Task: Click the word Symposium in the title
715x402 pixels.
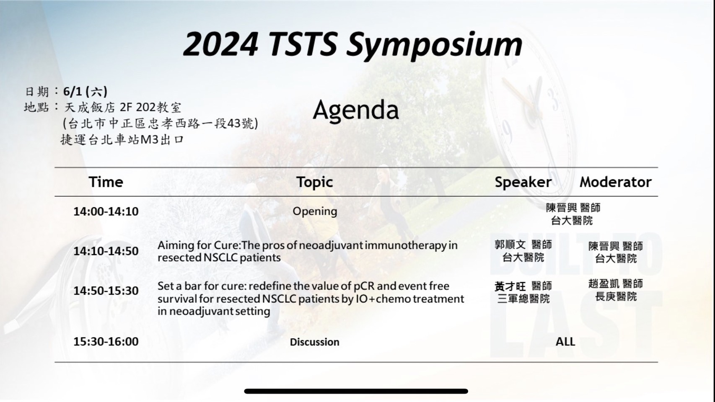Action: coord(435,45)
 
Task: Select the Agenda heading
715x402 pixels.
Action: coord(356,110)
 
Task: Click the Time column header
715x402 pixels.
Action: coord(106,182)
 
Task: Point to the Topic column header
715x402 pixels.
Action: coord(315,183)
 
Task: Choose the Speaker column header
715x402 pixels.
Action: coord(523,183)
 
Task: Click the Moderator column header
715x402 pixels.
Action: coord(616,182)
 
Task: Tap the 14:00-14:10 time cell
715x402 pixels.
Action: coord(106,211)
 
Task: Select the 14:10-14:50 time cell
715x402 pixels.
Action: coord(106,251)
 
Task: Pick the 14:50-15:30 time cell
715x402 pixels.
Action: coord(106,291)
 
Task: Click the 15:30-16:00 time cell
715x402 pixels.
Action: coord(106,341)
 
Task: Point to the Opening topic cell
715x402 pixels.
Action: coord(315,211)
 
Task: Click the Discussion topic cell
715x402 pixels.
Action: coord(315,342)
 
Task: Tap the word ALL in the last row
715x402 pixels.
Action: coord(565,342)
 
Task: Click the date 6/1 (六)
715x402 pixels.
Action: coord(85,92)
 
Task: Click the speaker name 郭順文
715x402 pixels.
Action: coord(510,245)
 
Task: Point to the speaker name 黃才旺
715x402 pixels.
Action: coord(510,286)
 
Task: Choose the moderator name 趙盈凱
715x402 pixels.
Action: coord(604,283)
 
